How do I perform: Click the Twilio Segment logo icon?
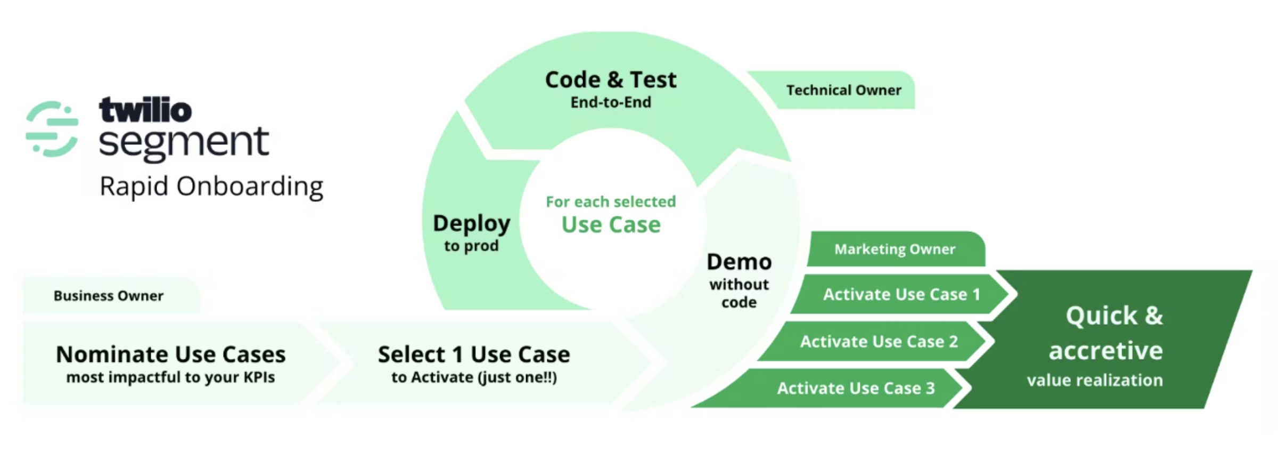point(52,129)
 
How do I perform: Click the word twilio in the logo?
point(145,110)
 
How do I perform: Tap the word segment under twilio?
point(184,143)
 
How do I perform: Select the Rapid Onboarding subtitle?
point(211,187)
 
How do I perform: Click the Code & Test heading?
point(611,80)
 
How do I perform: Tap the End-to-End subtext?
point(611,102)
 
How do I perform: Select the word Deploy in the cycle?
point(472,223)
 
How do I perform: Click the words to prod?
point(471,246)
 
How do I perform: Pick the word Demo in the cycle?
point(739,262)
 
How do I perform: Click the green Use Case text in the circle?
point(611,224)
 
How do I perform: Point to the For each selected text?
point(611,201)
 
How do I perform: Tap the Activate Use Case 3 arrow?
point(831,388)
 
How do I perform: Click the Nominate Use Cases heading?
point(171,354)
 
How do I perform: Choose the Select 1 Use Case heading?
point(474,354)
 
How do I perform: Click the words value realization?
point(1095,380)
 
